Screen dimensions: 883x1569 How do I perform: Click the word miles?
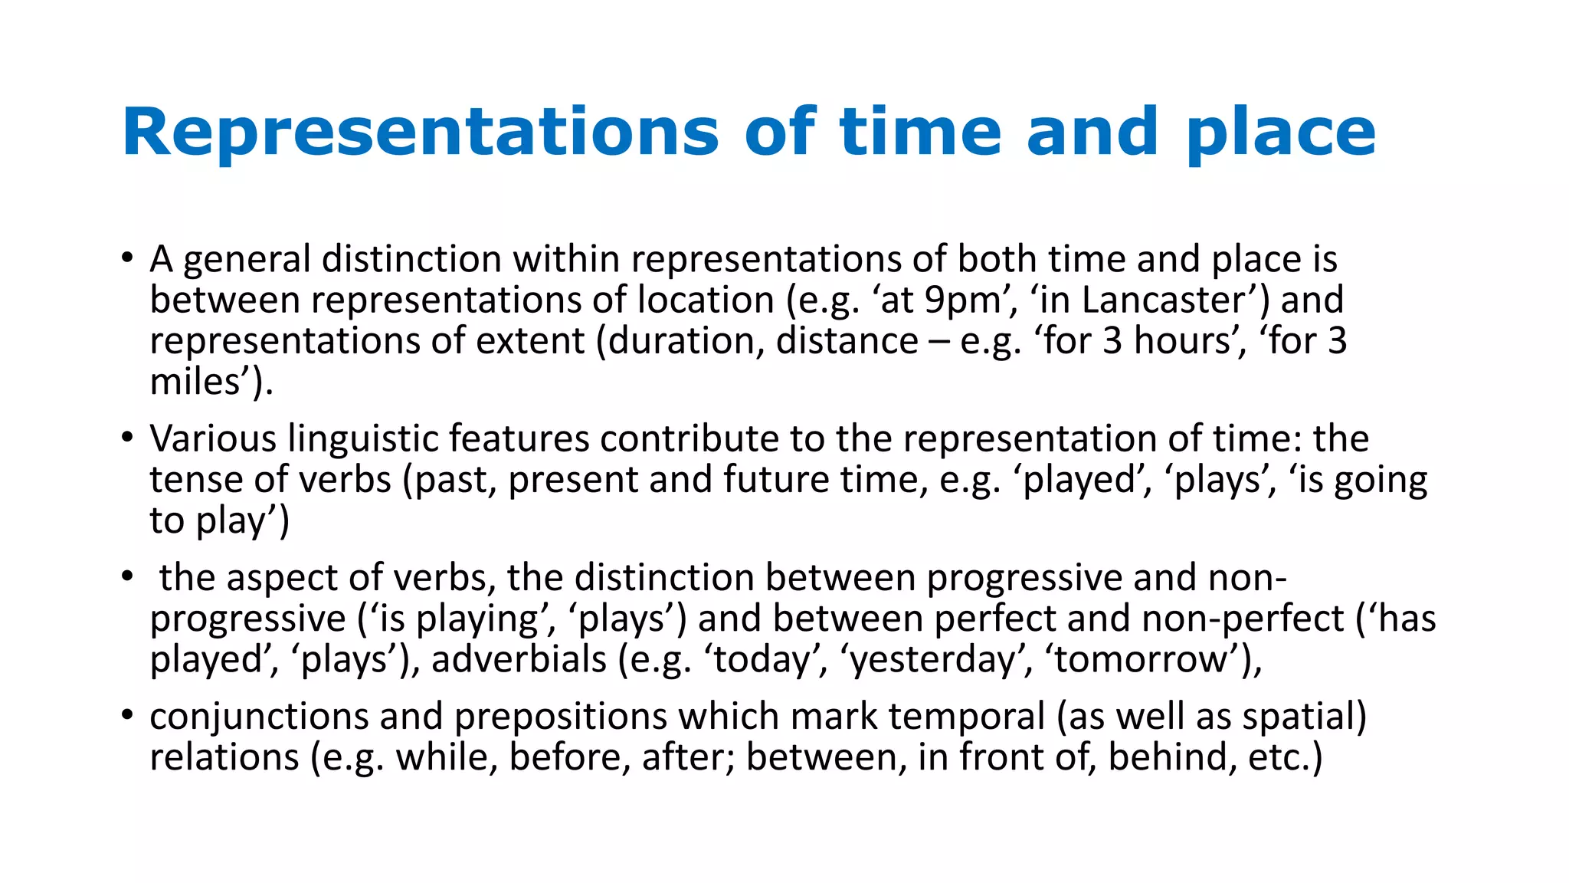pos(196,382)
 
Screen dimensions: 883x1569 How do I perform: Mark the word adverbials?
pos(519,660)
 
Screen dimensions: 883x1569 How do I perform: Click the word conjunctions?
pos(258,717)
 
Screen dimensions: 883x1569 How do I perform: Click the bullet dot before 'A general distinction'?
pos(127,258)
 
